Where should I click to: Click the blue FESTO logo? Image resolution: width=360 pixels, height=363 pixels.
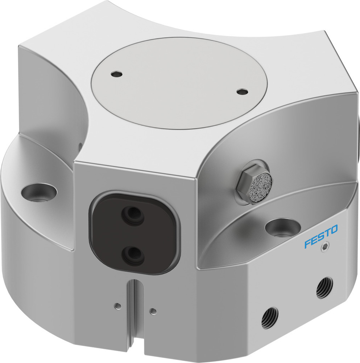[x=321, y=236]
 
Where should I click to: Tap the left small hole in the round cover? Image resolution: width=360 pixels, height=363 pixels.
[x=116, y=74]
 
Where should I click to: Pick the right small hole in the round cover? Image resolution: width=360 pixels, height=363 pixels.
[x=241, y=92]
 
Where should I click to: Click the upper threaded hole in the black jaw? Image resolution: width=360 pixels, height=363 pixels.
[x=133, y=217]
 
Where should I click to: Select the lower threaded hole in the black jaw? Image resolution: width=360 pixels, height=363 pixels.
[x=133, y=256]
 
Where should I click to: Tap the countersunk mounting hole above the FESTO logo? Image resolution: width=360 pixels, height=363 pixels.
[x=282, y=227]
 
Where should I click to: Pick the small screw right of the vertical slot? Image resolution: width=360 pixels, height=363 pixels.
[x=153, y=310]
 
